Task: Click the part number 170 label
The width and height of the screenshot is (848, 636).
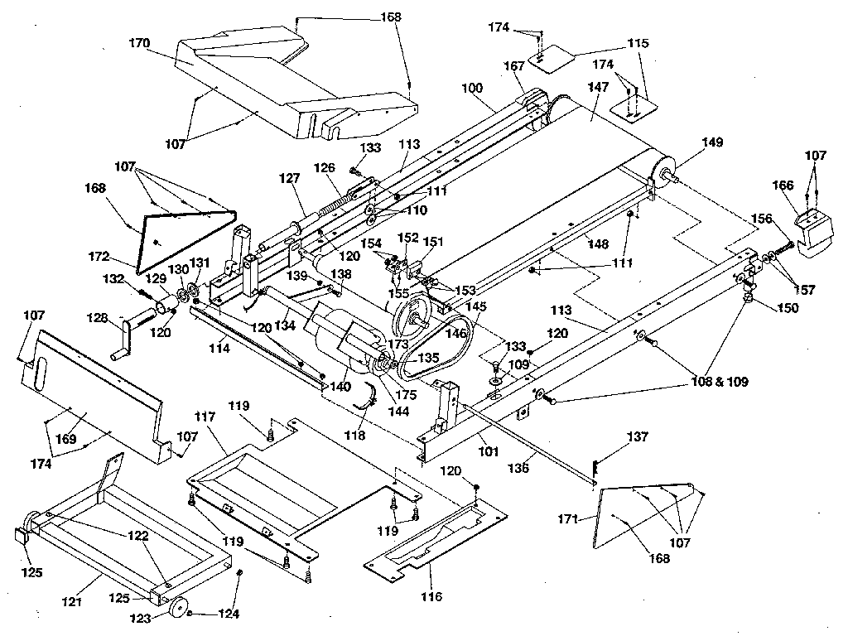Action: pyautogui.click(x=139, y=43)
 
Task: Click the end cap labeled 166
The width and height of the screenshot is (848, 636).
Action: pyautogui.click(x=815, y=225)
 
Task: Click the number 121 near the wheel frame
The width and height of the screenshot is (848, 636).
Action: pyautogui.click(x=72, y=601)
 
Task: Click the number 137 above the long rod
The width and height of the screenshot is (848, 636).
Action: pyautogui.click(x=638, y=436)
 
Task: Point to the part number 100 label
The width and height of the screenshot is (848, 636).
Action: pyautogui.click(x=471, y=88)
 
